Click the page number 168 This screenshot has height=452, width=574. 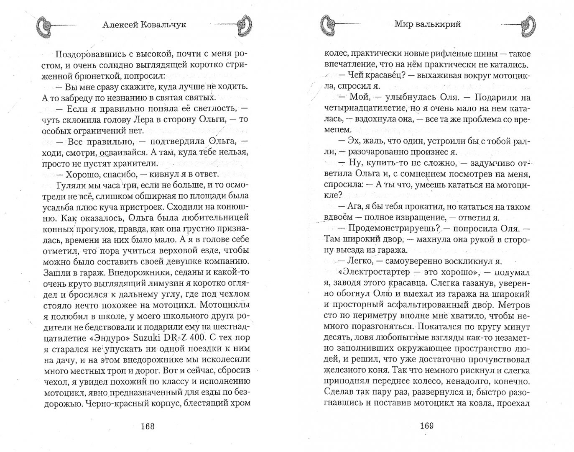148,426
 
